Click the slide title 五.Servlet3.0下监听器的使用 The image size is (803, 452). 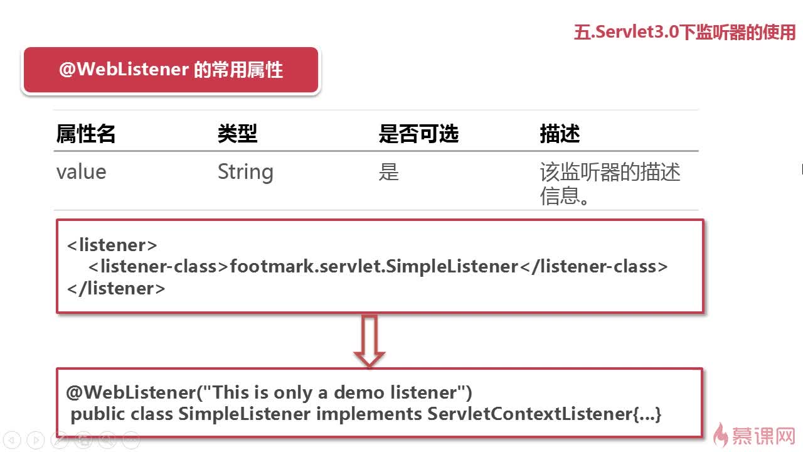(684, 32)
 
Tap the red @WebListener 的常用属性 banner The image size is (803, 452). (171, 70)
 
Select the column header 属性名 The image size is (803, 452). (86, 134)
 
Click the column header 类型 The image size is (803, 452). (237, 134)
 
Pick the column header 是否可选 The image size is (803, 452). (418, 134)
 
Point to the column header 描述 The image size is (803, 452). (560, 134)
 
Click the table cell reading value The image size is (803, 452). (82, 172)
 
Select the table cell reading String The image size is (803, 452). (245, 172)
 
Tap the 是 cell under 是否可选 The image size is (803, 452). (388, 172)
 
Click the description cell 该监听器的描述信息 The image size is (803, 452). (610, 184)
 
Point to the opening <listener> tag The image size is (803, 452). (112, 245)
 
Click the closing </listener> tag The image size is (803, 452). (116, 288)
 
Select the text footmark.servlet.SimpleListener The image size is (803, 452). (374, 267)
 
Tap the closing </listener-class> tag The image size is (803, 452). (593, 267)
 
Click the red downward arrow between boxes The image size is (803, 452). (370, 341)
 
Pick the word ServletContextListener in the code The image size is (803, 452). (544, 414)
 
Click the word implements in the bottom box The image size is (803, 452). (369, 415)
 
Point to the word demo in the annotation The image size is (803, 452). (359, 392)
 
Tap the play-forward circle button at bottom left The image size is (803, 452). (36, 440)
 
